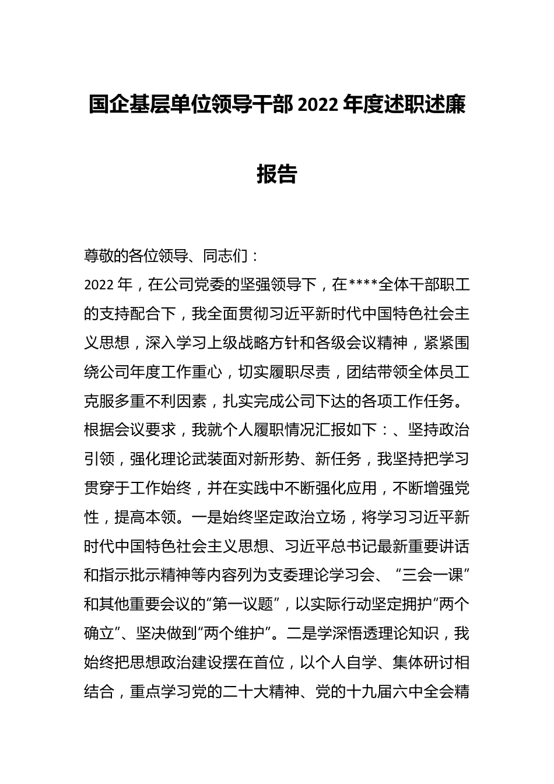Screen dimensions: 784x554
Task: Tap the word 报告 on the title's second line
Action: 277,174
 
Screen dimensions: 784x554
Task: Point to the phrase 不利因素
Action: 179,401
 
